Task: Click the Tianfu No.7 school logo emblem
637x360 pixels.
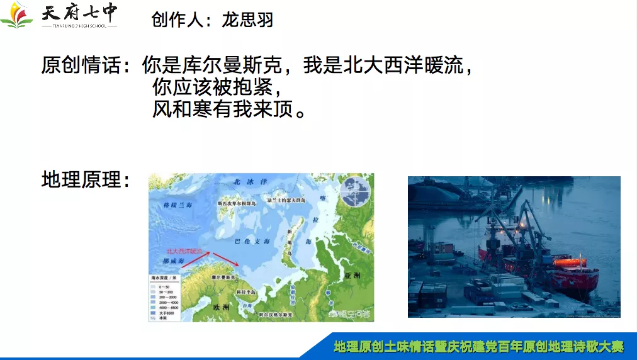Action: point(17,16)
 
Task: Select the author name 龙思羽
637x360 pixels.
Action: point(247,20)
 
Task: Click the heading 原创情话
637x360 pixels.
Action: point(82,65)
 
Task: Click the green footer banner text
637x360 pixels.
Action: point(478,346)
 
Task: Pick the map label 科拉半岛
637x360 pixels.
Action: point(245,293)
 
